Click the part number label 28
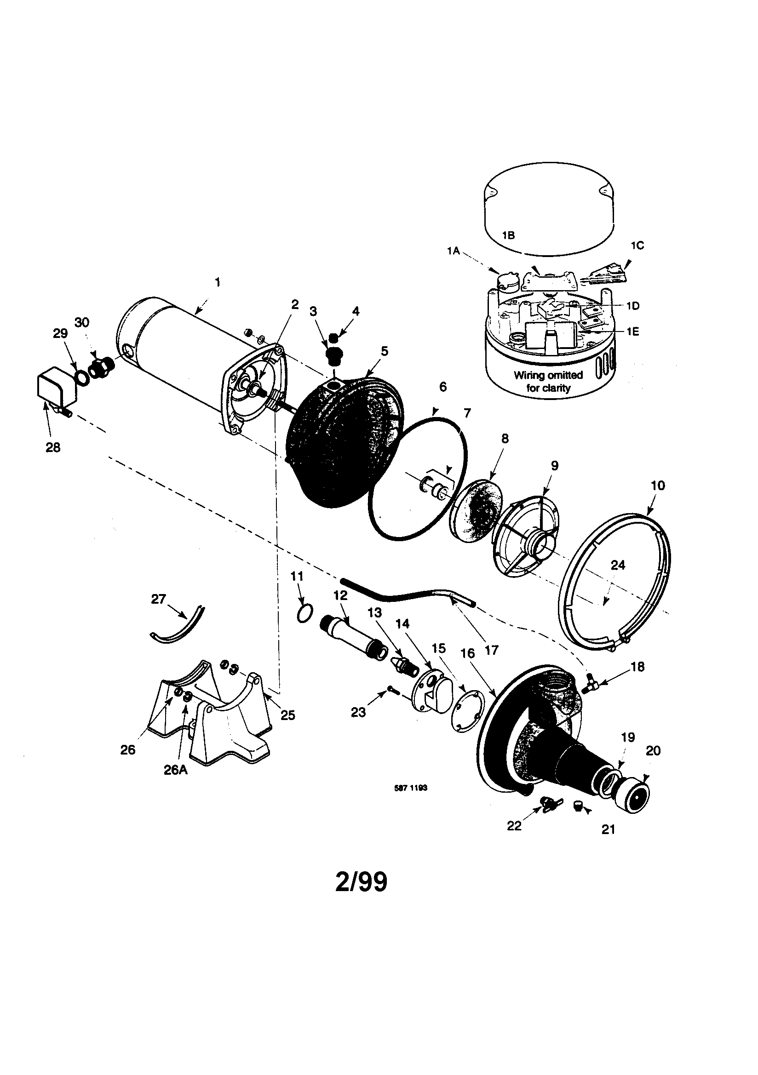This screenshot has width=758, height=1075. tap(53, 447)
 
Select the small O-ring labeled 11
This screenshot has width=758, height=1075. tap(305, 613)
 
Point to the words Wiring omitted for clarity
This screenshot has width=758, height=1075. tap(548, 381)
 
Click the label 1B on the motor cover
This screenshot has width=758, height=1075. tap(508, 235)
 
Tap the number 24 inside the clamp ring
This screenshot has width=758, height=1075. tap(618, 565)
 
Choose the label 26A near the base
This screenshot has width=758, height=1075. tap(176, 770)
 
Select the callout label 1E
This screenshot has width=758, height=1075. tap(633, 332)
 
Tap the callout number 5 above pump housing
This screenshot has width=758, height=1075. tap(384, 351)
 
